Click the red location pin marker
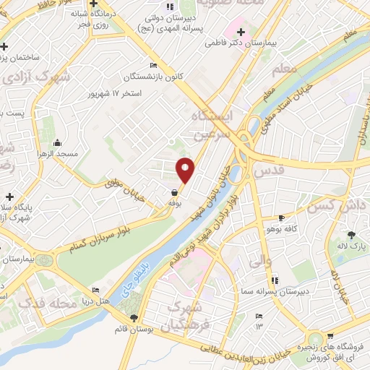pyautogui.click(x=186, y=169)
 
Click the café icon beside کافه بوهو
pyautogui.click(x=281, y=218)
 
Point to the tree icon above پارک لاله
pyautogui.click(x=352, y=235)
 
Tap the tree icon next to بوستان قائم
pyautogui.click(x=133, y=318)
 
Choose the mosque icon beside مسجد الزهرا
pyautogui.click(x=58, y=142)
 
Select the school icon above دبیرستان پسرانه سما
pyautogui.click(x=274, y=280)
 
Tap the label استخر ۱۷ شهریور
pyautogui.click(x=114, y=94)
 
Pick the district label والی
pyautogui.click(x=254, y=259)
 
